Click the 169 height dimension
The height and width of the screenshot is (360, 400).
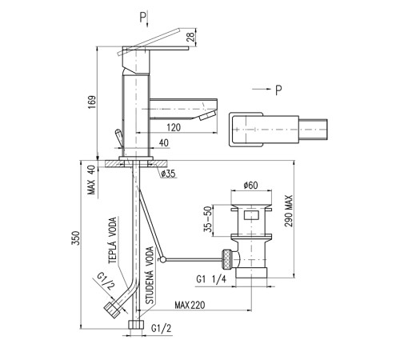pyautogui.click(x=92, y=102)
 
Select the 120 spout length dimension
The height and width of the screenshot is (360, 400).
pyautogui.click(x=174, y=127)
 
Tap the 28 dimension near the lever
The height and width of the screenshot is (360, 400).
pyautogui.click(x=190, y=36)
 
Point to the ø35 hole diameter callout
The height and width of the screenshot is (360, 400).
pyautogui.click(x=168, y=174)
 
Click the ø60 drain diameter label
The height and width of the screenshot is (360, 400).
pyautogui.click(x=251, y=185)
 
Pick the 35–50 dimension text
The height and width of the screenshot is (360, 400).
pyautogui.click(x=208, y=219)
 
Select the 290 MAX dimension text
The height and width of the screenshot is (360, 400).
pyautogui.click(x=289, y=211)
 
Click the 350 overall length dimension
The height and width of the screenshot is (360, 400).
pyautogui.click(x=76, y=238)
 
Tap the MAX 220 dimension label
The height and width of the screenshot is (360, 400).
pyautogui.click(x=190, y=305)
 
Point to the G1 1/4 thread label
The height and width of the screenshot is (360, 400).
pyautogui.click(x=211, y=279)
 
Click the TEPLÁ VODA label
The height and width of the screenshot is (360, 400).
pyautogui.click(x=113, y=241)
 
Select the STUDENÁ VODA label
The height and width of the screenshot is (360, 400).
pyautogui.click(x=150, y=275)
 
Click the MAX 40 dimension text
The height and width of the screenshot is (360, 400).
pyautogui.click(x=91, y=180)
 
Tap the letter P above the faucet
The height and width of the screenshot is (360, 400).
pyautogui.click(x=143, y=18)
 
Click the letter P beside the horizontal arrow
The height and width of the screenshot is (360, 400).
pyautogui.click(x=278, y=90)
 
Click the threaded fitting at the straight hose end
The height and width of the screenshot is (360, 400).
pyautogui.click(x=136, y=325)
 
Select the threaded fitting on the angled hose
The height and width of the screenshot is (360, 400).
pyautogui.click(x=111, y=310)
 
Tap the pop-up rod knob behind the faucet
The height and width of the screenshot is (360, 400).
pyautogui.click(x=118, y=138)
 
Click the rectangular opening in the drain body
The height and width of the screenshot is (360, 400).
pyautogui.click(x=251, y=214)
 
